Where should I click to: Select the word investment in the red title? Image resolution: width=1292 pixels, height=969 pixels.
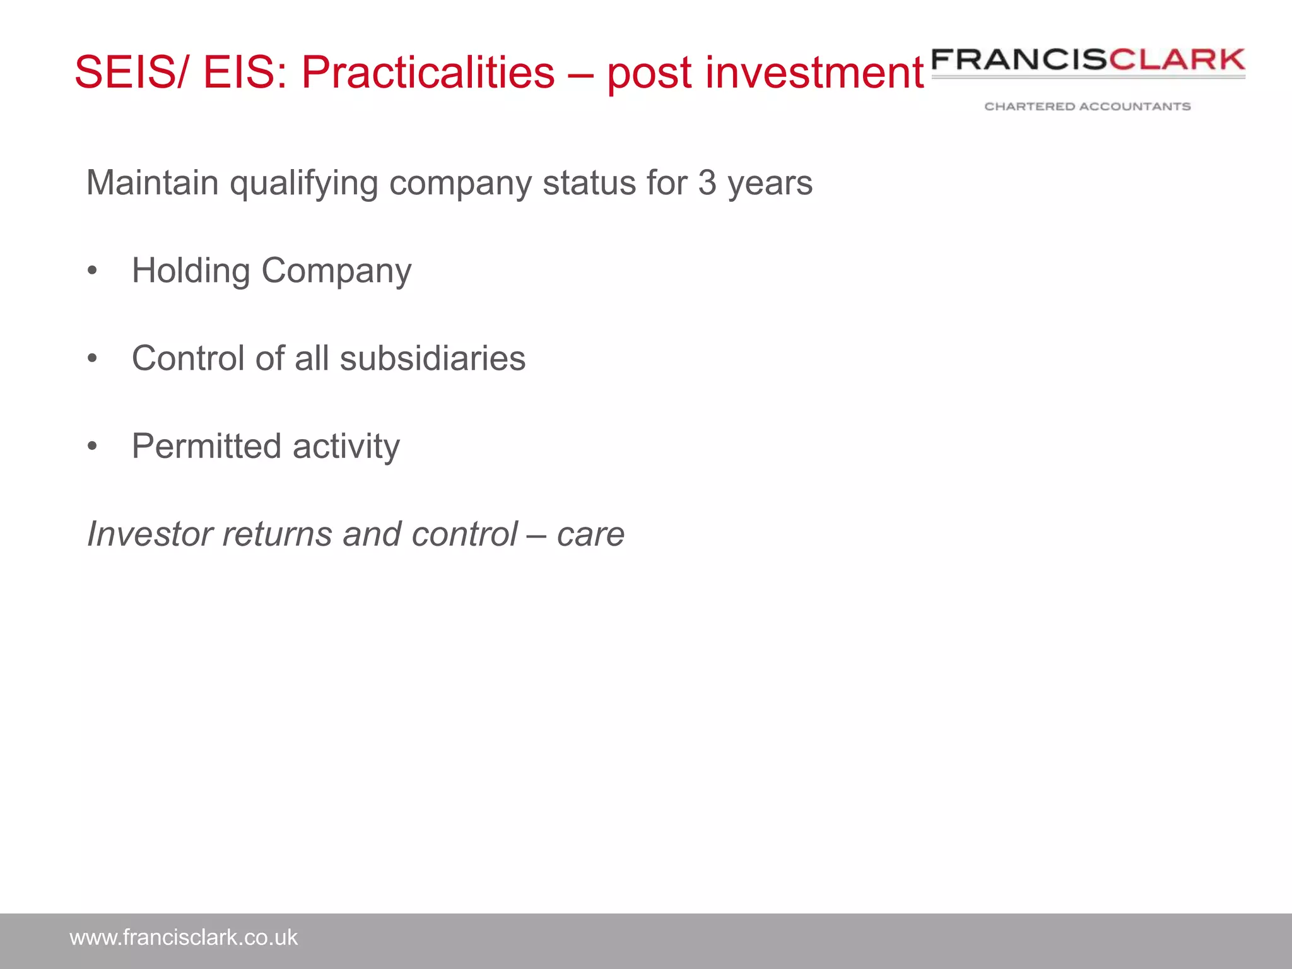click(814, 73)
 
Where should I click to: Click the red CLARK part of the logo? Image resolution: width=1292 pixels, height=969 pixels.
click(1177, 60)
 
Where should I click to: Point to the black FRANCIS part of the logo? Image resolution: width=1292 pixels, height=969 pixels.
click(1019, 60)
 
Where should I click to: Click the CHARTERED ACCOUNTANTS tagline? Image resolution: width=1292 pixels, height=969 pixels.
click(1087, 107)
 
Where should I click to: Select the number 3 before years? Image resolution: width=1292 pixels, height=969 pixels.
click(707, 183)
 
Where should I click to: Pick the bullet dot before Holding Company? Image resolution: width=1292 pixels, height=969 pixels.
click(93, 271)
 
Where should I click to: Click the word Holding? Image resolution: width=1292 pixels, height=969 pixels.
click(191, 271)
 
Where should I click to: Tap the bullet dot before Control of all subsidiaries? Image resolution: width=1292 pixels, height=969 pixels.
click(93, 359)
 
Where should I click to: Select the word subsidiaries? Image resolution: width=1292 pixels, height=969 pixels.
click(432, 358)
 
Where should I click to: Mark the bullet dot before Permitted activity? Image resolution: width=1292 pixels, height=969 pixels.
click(93, 447)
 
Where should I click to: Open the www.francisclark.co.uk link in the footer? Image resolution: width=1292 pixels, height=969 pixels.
click(183, 937)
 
